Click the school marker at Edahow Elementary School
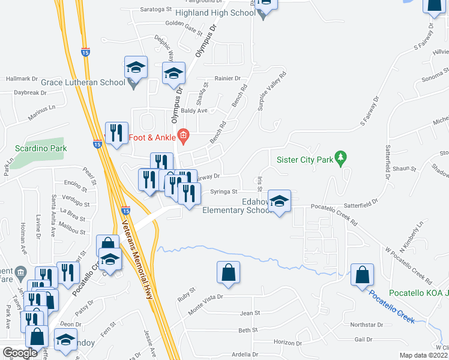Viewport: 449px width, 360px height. pyautogui.click(x=279, y=202)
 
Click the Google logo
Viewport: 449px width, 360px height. pyautogui.click(x=20, y=353)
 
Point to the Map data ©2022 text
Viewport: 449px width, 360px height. pyautogui.click(x=424, y=355)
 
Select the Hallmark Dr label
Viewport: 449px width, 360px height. pyautogui.click(x=22, y=79)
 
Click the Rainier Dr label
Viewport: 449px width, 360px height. pyautogui.click(x=228, y=79)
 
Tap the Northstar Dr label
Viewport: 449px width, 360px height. pyautogui.click(x=366, y=325)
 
